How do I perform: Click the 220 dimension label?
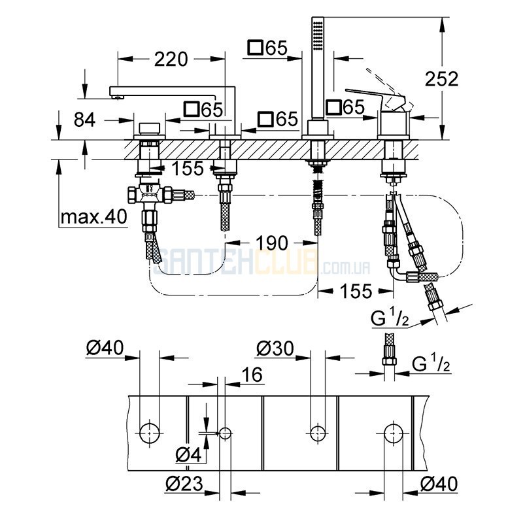click(171, 59)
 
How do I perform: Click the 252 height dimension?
click(442, 79)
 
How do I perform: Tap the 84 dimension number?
click(84, 120)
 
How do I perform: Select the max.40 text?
click(93, 217)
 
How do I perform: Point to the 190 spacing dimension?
click(272, 243)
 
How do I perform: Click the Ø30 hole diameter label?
click(275, 348)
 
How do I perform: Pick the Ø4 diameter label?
click(188, 454)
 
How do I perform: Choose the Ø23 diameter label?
click(184, 483)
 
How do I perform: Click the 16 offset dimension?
click(252, 374)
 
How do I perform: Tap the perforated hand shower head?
click(318, 37)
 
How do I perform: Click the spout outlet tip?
click(118, 97)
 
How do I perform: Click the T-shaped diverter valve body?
click(150, 194)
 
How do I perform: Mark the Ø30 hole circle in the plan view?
click(318, 433)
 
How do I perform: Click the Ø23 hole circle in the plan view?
click(225, 433)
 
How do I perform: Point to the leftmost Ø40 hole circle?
click(149, 433)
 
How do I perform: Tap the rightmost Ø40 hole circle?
click(394, 433)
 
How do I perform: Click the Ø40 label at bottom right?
click(439, 483)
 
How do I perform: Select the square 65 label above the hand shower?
click(267, 48)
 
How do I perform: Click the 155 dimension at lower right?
click(356, 291)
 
